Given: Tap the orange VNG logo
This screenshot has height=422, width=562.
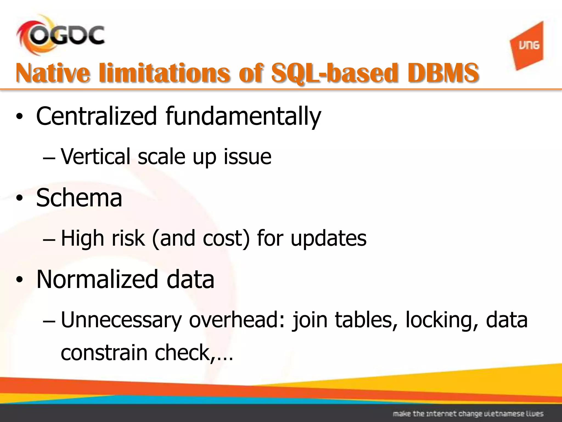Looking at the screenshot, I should click(527, 46).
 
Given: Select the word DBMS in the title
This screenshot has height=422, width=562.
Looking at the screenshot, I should click(443, 73).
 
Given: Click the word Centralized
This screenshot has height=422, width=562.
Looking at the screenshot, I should click(96, 116).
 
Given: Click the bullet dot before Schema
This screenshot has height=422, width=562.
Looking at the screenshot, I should click(19, 199).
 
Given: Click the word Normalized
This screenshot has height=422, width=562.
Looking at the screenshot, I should click(97, 279).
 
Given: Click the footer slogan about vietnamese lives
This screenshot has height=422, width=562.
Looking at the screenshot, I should click(468, 413).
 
